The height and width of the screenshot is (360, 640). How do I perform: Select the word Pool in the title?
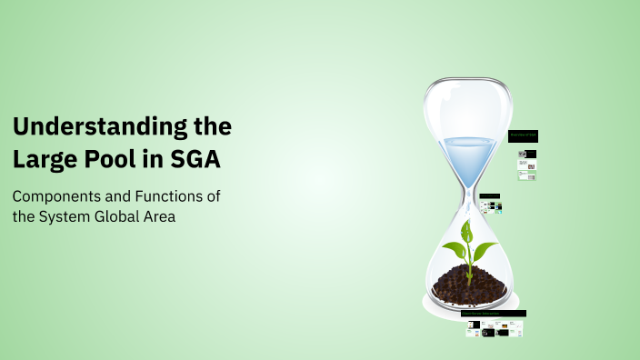pos(115,159)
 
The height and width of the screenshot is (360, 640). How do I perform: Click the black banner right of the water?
pos(523,136)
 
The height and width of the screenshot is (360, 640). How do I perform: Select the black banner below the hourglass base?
pos(495,314)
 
